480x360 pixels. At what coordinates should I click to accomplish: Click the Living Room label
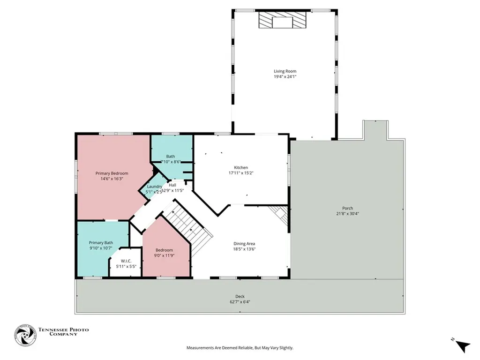(x=285, y=71)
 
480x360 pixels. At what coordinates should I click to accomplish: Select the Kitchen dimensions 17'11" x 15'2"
(x=241, y=173)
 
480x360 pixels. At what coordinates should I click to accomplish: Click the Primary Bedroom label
(x=112, y=173)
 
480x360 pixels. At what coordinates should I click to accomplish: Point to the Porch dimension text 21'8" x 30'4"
(x=347, y=214)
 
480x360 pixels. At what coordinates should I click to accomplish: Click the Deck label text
(x=240, y=296)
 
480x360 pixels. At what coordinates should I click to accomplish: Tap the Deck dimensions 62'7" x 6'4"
(x=240, y=302)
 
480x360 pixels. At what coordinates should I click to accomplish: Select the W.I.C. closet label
(x=126, y=261)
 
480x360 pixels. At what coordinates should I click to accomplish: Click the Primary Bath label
(x=101, y=242)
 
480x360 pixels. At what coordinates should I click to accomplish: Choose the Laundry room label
(x=154, y=186)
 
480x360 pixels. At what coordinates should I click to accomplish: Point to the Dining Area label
(x=244, y=243)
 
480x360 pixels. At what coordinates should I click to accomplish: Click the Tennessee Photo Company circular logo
(x=25, y=335)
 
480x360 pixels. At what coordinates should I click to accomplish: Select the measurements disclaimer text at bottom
(x=240, y=348)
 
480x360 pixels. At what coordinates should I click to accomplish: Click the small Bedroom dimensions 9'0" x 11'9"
(x=164, y=255)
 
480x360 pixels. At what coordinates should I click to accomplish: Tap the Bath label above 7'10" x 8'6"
(x=171, y=156)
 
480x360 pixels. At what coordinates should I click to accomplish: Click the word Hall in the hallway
(x=172, y=185)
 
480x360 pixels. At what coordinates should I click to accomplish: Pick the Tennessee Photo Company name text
(x=63, y=332)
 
